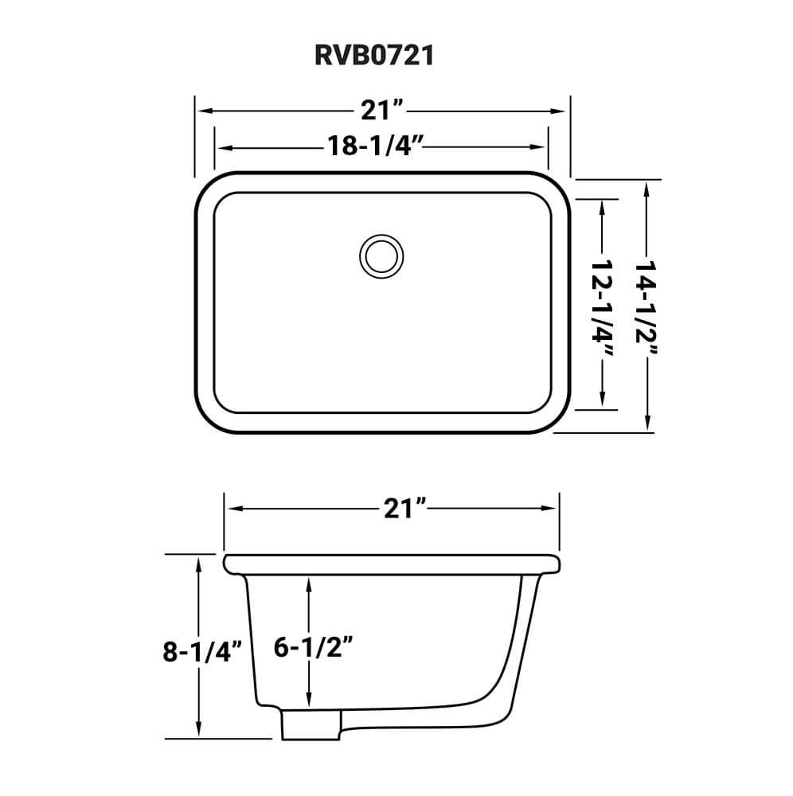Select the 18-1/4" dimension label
373,146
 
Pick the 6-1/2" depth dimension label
312,647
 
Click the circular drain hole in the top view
378,256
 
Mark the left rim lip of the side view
232,564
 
